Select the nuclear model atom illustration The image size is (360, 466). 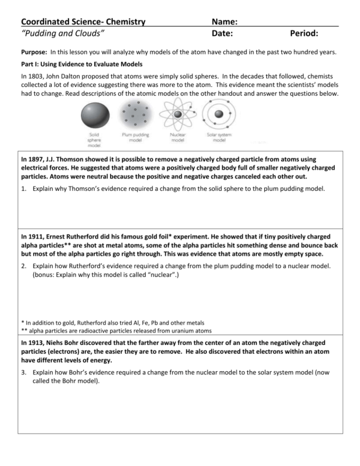tap(178, 113)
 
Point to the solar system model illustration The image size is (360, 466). tap(219, 113)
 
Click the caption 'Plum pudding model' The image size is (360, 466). tap(133, 137)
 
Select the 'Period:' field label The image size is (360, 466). tap(304, 34)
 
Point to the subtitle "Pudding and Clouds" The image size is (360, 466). tap(63, 34)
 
